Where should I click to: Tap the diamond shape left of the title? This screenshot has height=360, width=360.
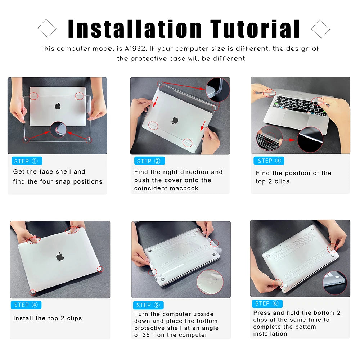pyautogui.click(x=47, y=28)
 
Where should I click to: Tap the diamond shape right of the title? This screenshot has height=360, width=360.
pyautogui.click(x=320, y=28)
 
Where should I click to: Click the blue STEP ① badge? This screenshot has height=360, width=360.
pyautogui.click(x=27, y=161)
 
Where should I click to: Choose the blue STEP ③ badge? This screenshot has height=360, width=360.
pyautogui.click(x=269, y=161)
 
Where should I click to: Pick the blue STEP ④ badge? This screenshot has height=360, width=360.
pyautogui.click(x=26, y=305)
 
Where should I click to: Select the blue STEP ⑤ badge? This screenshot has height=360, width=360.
pyautogui.click(x=148, y=305)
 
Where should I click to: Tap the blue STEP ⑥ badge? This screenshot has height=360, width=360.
pyautogui.click(x=267, y=303)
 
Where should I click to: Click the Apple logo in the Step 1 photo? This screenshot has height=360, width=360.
pyautogui.click(x=58, y=106)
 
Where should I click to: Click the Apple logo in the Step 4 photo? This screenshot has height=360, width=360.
pyautogui.click(x=60, y=256)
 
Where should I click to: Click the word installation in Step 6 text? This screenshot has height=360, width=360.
pyautogui.click(x=270, y=334)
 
